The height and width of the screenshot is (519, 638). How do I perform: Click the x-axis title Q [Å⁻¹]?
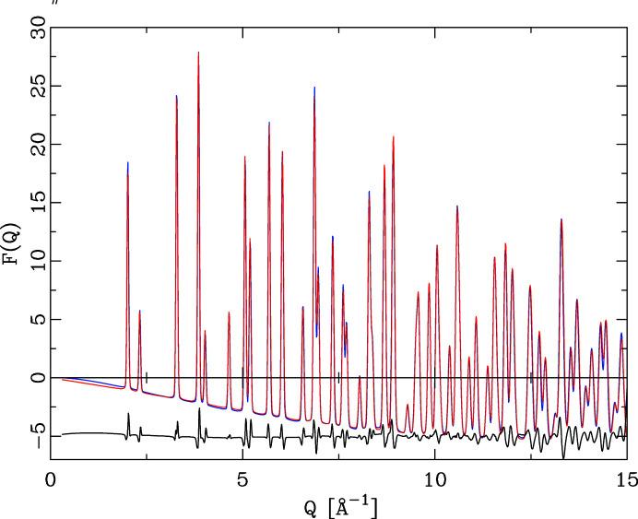click(338, 505)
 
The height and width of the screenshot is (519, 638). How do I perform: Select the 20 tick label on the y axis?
click(37, 145)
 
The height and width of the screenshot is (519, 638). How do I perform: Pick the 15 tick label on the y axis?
click(37, 203)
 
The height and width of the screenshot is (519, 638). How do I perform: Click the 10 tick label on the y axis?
click(37, 262)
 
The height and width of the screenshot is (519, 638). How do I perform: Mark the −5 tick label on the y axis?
click(37, 435)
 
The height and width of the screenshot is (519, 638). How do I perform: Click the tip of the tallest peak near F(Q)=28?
click(198, 53)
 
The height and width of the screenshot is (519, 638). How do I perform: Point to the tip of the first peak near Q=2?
click(127, 163)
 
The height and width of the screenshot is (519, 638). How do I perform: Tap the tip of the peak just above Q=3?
click(176, 96)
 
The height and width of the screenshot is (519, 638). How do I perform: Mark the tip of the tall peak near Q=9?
click(393, 136)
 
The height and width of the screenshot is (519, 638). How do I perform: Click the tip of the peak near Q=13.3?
click(561, 219)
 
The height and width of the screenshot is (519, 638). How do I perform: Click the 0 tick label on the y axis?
click(37, 378)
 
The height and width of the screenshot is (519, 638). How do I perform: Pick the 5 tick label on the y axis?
click(37, 320)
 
